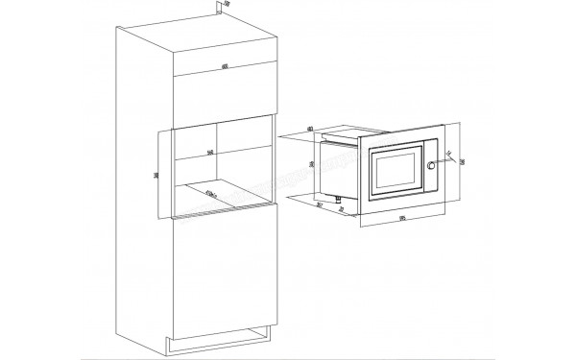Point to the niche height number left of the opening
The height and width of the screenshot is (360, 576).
(x=157, y=174)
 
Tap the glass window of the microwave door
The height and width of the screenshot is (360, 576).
(x=393, y=171)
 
